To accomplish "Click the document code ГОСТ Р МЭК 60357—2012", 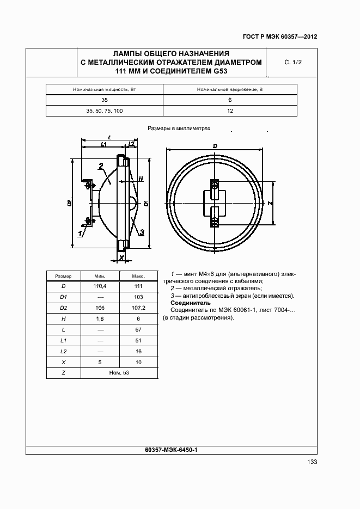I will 279,37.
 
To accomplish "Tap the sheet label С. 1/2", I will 292,63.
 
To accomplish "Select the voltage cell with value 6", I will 230,100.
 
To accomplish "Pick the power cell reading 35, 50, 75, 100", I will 105,111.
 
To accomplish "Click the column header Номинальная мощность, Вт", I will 105,89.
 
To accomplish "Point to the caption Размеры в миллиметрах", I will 179,129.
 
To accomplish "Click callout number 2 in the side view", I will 101,165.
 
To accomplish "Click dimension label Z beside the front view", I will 271,203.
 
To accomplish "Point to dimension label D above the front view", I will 215,146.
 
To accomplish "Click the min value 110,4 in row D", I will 100,286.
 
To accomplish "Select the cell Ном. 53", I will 118,373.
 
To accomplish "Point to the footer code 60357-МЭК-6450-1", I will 171,450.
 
